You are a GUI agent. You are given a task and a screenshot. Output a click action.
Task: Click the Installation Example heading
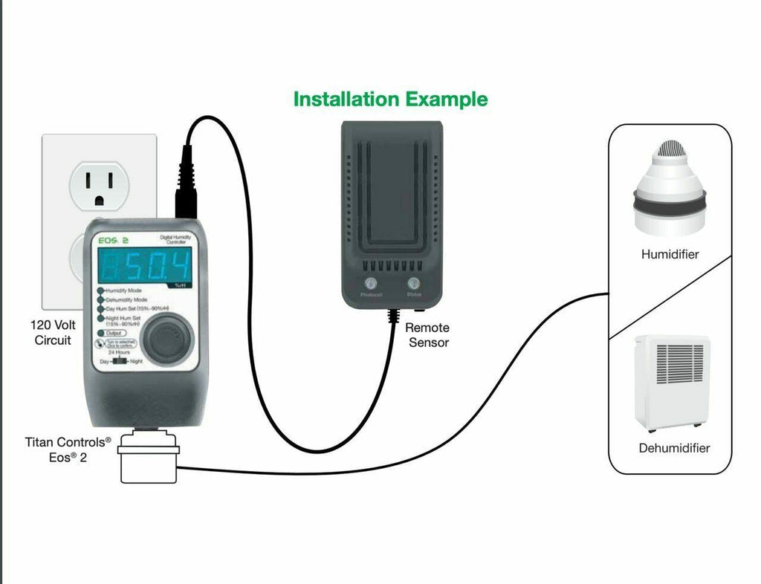point(390,99)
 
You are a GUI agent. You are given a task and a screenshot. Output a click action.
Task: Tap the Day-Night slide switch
point(119,361)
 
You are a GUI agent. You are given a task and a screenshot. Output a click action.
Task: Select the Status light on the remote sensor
point(412,283)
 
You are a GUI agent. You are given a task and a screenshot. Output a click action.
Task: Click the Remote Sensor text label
point(428,335)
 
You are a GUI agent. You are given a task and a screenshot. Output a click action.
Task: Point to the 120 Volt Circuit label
point(53,332)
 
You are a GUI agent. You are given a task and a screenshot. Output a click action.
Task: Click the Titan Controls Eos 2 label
point(68,450)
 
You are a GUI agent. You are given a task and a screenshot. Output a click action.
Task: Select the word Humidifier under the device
point(670,254)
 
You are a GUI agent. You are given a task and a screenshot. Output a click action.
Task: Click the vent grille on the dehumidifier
point(679,363)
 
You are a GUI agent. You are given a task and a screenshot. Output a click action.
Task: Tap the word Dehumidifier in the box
point(673,448)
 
